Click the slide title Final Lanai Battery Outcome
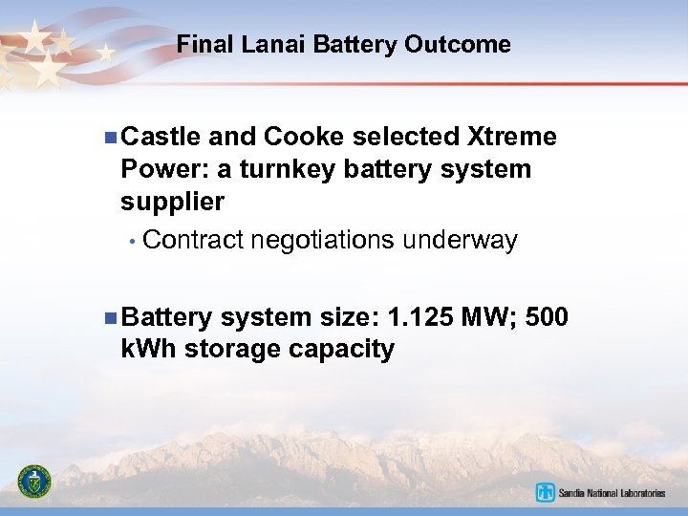coord(344,44)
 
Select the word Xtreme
coord(509,137)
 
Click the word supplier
coord(173,202)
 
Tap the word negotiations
coord(323,240)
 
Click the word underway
coord(460,240)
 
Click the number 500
coord(548,316)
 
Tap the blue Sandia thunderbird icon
coord(546,493)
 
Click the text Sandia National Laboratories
coord(612,493)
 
